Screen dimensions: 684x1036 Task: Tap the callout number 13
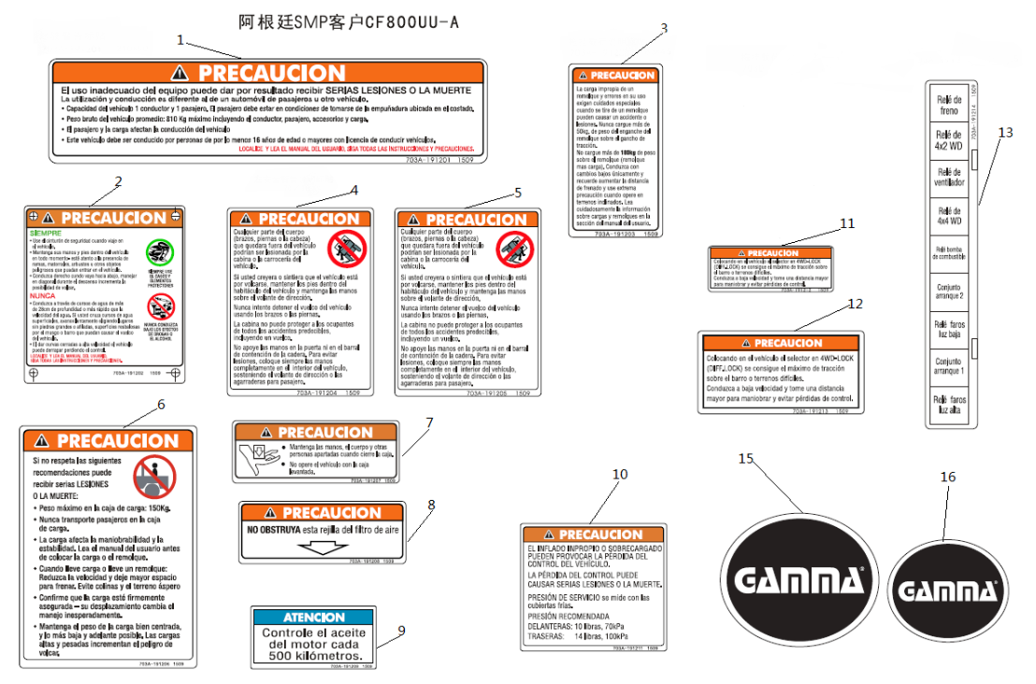1004,133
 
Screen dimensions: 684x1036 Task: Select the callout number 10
620,475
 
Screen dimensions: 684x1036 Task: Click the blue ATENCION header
314,618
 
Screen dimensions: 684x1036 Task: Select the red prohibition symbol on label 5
514,249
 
